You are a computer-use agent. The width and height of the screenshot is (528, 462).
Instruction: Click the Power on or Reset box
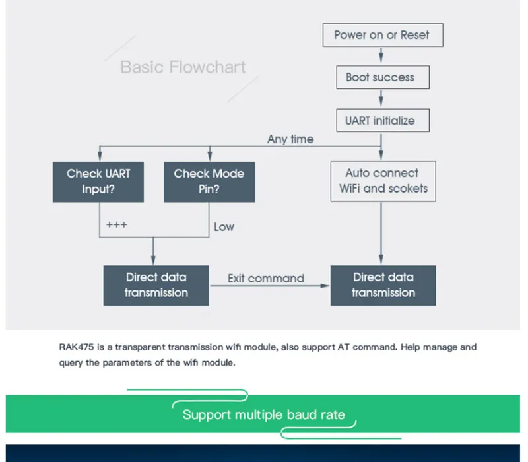coord(383,35)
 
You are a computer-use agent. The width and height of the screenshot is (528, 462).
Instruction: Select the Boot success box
coord(383,77)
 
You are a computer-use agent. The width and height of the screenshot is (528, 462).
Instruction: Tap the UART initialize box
coord(383,120)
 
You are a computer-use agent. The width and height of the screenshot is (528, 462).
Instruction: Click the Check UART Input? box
coord(98,182)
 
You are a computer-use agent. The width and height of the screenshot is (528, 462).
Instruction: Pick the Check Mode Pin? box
coord(209,182)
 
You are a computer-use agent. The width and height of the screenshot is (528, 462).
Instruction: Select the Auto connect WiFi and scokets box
coord(383,181)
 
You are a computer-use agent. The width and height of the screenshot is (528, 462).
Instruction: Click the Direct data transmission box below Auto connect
coord(383,286)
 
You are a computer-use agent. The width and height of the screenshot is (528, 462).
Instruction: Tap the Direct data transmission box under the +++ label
coord(156,286)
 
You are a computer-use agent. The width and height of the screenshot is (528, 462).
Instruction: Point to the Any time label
coord(290,139)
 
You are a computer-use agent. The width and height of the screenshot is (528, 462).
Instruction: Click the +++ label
coord(117,225)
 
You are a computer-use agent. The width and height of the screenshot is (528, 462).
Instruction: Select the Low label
coord(224,227)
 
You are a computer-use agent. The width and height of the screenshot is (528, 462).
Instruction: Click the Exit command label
coord(266,279)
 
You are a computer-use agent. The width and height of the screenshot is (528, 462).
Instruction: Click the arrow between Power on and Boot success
coord(381,55)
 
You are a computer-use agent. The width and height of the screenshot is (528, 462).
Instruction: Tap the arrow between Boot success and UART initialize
coord(381,98)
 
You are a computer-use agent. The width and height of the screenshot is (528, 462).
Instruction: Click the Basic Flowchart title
coord(183,67)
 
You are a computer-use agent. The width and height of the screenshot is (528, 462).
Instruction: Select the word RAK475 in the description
coord(77,347)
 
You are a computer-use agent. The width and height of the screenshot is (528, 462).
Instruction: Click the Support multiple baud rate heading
coord(263,414)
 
